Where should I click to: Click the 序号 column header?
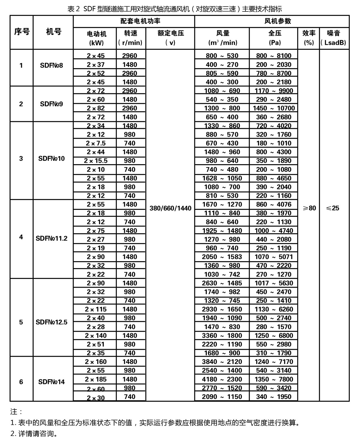pos(22,32)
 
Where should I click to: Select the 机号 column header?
pos(53,32)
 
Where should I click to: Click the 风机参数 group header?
pos(272,21)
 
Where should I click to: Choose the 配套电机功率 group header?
pos(140,21)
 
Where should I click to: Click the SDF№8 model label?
pos(52,65)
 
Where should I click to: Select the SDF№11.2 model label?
pos(52,238)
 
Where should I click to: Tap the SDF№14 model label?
pos(52,382)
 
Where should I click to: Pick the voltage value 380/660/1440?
pos(170,208)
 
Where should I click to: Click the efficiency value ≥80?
pos(309,208)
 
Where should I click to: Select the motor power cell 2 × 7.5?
pos(96,143)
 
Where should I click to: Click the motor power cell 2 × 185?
pos(96,379)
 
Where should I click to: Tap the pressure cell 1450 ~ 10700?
pos(274,108)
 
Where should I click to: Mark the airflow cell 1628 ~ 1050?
pos(222,178)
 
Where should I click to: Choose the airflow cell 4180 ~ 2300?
pos(222,379)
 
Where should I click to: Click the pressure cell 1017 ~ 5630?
pos(274,283)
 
